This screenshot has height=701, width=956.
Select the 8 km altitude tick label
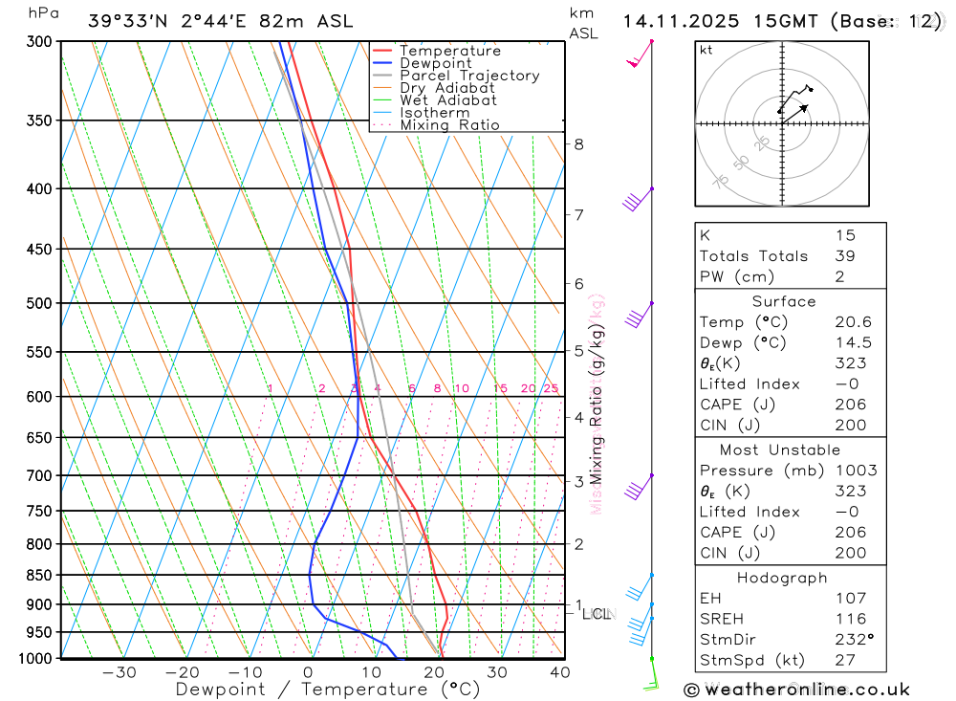tap(579, 144)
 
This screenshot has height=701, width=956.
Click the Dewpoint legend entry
tap(436, 63)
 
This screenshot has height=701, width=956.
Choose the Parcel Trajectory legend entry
tap(469, 76)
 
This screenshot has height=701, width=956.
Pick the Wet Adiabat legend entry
tap(448, 100)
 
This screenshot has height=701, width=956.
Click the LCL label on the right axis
tap(599, 614)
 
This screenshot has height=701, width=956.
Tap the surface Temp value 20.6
tap(853, 322)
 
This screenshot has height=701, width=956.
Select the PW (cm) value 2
tap(838, 276)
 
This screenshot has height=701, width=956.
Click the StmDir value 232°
tap(851, 640)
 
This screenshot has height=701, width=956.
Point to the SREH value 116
tap(850, 619)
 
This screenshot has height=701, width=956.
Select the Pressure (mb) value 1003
tap(854, 471)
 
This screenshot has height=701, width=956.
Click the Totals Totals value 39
tap(844, 255)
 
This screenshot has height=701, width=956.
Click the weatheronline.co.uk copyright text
tap(796, 689)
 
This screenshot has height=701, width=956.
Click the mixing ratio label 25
tap(551, 388)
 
